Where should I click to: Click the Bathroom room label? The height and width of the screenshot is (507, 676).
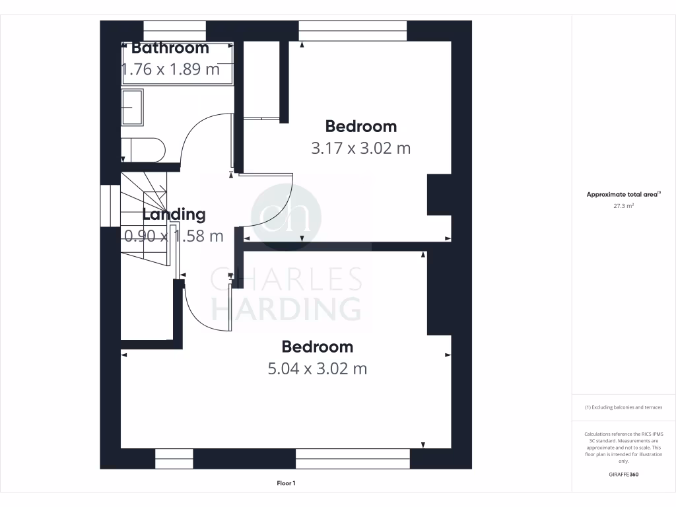click(170, 48)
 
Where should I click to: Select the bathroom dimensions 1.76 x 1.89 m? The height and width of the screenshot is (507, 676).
click(170, 69)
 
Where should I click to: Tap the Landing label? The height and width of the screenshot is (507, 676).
click(174, 215)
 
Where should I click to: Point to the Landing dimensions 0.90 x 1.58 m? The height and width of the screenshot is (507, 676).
click(174, 236)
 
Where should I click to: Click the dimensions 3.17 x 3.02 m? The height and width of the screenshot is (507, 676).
click(360, 148)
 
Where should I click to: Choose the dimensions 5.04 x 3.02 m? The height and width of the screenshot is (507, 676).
click(317, 368)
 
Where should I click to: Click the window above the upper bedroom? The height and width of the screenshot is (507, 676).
click(352, 30)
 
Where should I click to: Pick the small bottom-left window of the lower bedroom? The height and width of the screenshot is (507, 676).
click(174, 458)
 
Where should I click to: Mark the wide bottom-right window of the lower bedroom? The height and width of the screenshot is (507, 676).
click(353, 458)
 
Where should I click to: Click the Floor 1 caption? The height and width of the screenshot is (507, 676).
click(286, 484)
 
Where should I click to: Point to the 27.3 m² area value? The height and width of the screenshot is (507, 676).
click(623, 206)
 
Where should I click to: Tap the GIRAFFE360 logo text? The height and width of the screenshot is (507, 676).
click(624, 475)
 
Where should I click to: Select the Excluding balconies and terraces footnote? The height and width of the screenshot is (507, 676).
click(623, 407)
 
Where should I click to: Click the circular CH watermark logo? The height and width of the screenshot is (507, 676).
click(286, 214)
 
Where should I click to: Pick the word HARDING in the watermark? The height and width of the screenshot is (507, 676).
click(285, 308)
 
